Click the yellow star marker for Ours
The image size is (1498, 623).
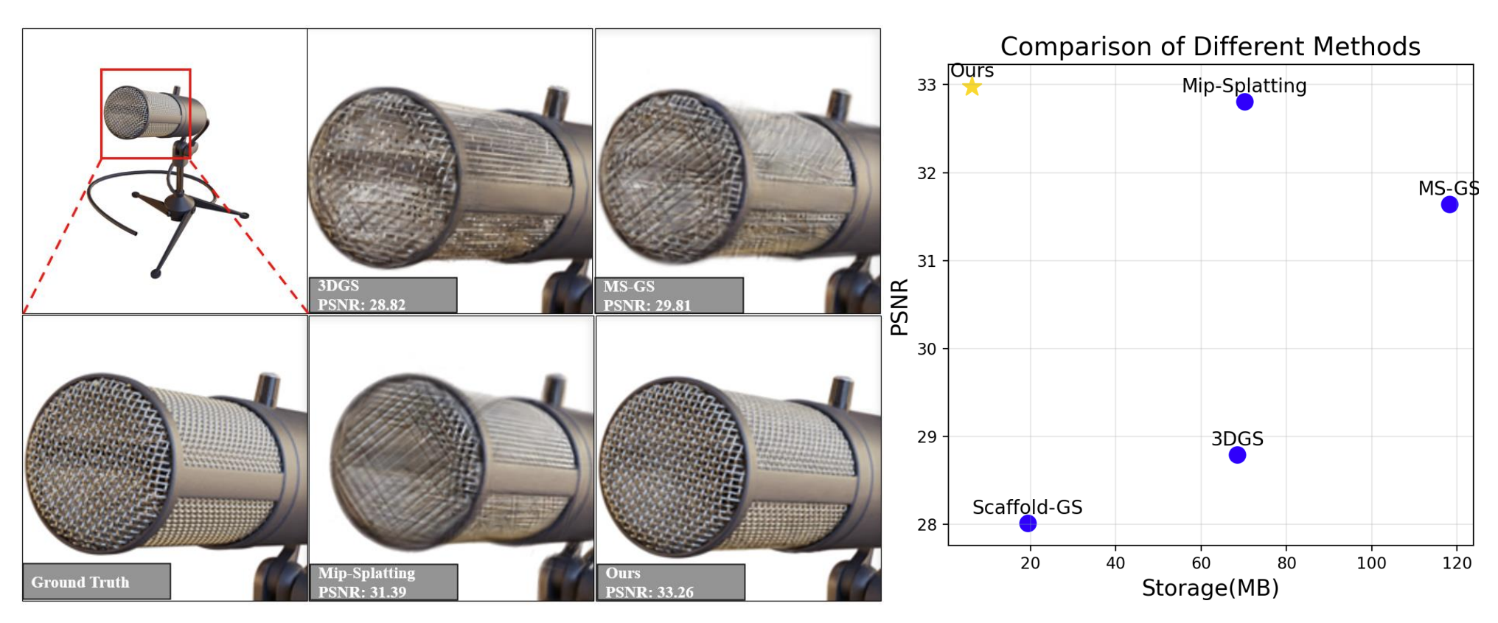pyautogui.click(x=972, y=87)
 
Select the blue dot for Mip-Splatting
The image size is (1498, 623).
pyautogui.click(x=1244, y=102)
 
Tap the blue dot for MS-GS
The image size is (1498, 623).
pyautogui.click(x=1449, y=204)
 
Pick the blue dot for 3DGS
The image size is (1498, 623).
pyautogui.click(x=1237, y=455)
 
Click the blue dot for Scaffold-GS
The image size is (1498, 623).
pyautogui.click(x=1028, y=523)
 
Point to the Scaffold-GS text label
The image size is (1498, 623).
pyautogui.click(x=1027, y=507)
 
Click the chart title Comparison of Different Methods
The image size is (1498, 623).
pyautogui.click(x=1210, y=46)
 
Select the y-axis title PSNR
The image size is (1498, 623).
pyautogui.click(x=899, y=307)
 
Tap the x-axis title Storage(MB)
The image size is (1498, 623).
pyautogui.click(x=1210, y=588)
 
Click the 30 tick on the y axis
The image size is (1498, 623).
pyautogui.click(x=927, y=349)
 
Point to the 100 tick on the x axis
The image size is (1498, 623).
pyautogui.click(x=1371, y=563)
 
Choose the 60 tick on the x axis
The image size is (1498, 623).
pyautogui.click(x=1201, y=563)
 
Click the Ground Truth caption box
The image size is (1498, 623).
pyautogui.click(x=96, y=582)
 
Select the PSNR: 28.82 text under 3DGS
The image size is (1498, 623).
pyautogui.click(x=361, y=304)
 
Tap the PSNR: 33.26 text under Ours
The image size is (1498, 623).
pyautogui.click(x=649, y=592)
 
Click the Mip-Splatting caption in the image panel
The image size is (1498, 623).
pyautogui.click(x=366, y=573)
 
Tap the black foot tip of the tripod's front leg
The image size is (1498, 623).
pyautogui.click(x=156, y=274)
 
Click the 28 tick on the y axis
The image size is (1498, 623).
pyautogui.click(x=927, y=524)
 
